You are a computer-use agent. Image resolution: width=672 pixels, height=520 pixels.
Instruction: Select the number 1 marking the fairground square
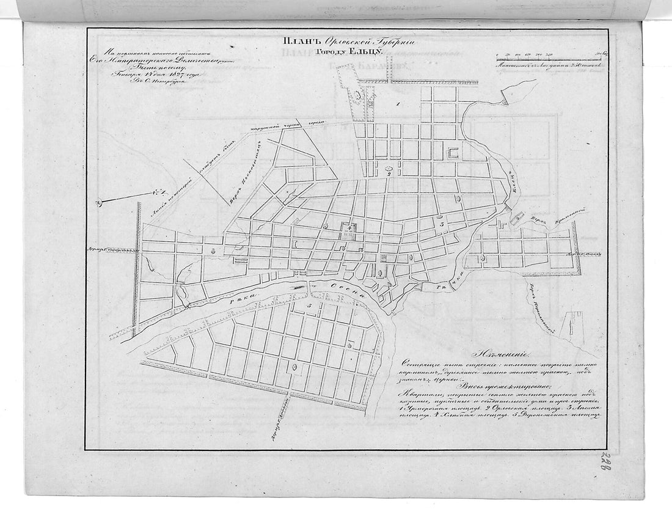(398, 105)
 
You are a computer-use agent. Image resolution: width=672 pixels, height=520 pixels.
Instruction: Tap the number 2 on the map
(389, 174)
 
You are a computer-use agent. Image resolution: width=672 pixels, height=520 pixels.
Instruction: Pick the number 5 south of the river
(310, 305)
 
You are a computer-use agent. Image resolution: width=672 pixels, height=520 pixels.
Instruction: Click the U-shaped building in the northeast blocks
(453, 153)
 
